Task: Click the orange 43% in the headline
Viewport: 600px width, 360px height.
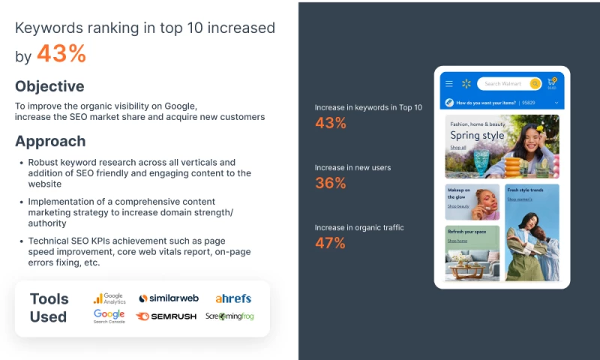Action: (x=61, y=54)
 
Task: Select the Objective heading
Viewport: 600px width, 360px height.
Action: (x=49, y=86)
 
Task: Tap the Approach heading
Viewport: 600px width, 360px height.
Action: (x=50, y=141)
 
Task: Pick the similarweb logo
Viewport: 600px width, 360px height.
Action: (x=168, y=298)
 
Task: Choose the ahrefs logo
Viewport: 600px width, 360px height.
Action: (x=233, y=298)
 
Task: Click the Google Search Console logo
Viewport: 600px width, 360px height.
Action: (x=109, y=316)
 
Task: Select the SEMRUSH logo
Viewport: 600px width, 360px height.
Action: (x=166, y=316)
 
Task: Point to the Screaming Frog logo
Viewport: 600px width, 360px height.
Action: (x=229, y=316)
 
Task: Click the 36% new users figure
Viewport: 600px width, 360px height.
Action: (x=330, y=183)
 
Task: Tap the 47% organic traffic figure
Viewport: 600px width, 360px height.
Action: (x=330, y=243)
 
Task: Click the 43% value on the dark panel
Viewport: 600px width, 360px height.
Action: (x=330, y=123)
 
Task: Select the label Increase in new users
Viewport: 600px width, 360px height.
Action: (x=352, y=167)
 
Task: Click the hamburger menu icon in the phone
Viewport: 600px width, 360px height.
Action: (x=449, y=84)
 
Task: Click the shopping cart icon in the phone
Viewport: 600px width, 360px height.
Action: (x=552, y=82)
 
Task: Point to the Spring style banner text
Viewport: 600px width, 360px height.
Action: (x=477, y=136)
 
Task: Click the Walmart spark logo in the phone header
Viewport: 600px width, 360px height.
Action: (x=466, y=84)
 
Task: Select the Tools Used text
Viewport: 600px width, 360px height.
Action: (x=49, y=307)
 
